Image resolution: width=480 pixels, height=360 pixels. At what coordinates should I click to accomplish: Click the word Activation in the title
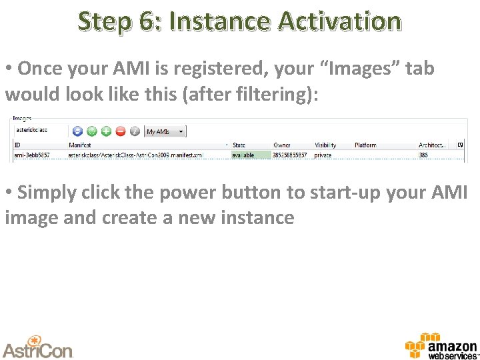(339, 21)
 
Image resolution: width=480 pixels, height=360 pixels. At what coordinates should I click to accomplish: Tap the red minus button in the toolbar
(121, 131)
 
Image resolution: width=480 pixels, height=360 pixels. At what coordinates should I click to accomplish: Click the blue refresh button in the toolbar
(77, 131)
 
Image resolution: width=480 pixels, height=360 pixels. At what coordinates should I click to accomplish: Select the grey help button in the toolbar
(135, 131)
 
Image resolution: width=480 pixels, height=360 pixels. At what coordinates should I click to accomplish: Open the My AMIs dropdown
(165, 131)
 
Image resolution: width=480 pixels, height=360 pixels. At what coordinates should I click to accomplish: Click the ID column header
(18, 145)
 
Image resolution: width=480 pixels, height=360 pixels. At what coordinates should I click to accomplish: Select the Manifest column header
(79, 145)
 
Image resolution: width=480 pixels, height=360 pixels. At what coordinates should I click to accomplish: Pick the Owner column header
(282, 145)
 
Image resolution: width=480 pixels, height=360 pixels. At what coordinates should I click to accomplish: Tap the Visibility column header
(325, 145)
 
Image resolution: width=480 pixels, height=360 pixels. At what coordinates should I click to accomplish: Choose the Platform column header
(365, 145)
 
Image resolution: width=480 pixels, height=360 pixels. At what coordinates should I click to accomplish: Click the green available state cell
(251, 155)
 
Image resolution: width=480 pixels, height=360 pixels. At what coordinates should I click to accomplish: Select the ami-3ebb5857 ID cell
(33, 155)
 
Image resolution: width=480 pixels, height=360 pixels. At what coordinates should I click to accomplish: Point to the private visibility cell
(323, 155)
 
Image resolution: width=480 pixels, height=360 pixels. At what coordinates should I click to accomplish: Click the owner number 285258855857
(290, 155)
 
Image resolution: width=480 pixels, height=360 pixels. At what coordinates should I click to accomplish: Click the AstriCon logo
(37, 347)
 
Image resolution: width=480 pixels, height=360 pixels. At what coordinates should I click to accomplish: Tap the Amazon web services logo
(441, 346)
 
